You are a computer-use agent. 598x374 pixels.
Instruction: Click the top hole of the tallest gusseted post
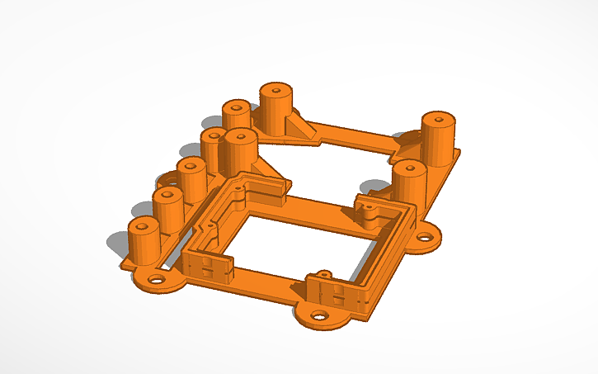275,88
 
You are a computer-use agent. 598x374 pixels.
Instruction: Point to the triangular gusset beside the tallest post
296,125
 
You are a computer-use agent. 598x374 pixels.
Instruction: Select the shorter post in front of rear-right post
408,183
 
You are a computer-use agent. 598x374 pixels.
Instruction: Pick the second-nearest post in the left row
168,209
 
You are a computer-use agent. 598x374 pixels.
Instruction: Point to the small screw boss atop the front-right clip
320,273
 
